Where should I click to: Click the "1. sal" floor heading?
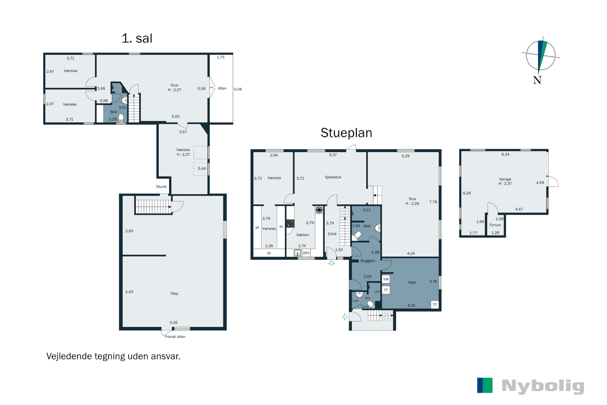click(137, 38)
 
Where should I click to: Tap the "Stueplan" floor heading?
click(346, 133)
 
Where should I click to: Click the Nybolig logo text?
click(543, 386)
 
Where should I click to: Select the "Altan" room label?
click(222, 88)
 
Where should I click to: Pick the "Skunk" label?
click(161, 187)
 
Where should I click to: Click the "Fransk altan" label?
click(175, 337)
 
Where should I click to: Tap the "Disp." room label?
click(174, 293)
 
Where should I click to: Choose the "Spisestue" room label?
click(333, 177)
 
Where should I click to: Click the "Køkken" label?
click(303, 235)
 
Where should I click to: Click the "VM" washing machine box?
click(386, 279)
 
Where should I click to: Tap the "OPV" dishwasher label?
click(306, 253)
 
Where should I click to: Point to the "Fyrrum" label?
click(495, 225)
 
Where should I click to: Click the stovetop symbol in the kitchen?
click(290, 223)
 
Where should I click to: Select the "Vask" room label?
click(412, 282)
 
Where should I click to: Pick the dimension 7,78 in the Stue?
click(433, 202)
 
